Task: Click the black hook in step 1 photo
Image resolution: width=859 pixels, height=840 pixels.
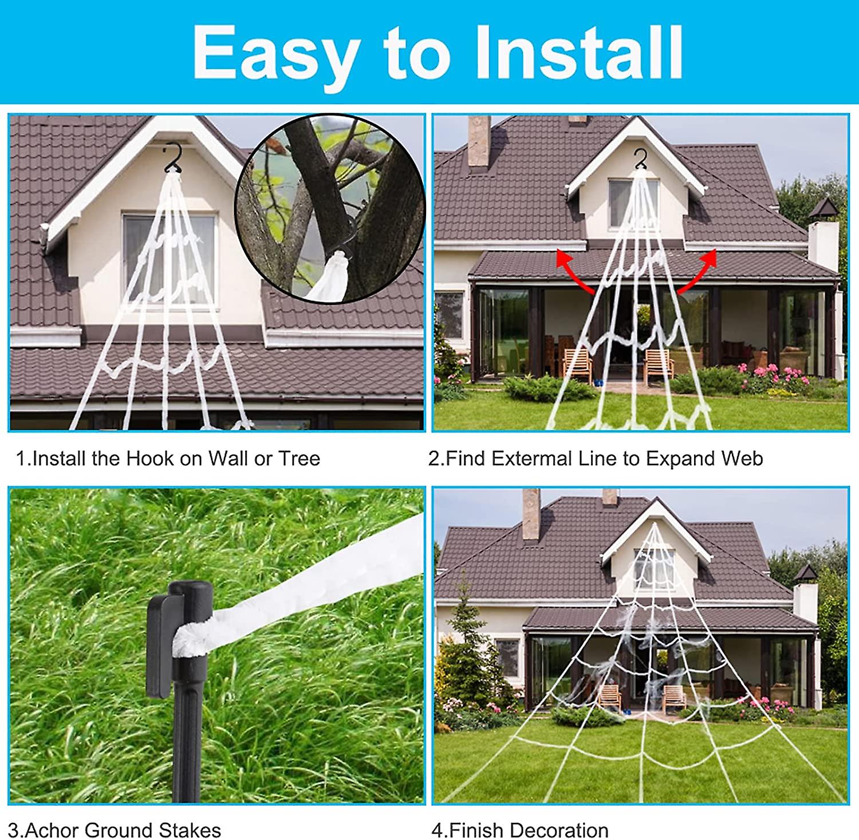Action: click(x=172, y=158)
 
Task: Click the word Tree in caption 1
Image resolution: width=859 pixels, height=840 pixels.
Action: click(x=299, y=459)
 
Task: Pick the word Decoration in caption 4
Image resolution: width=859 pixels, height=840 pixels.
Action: click(x=559, y=830)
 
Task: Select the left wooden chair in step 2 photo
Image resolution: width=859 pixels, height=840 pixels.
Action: click(x=577, y=363)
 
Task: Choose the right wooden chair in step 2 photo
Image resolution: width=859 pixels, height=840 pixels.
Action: click(x=658, y=363)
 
